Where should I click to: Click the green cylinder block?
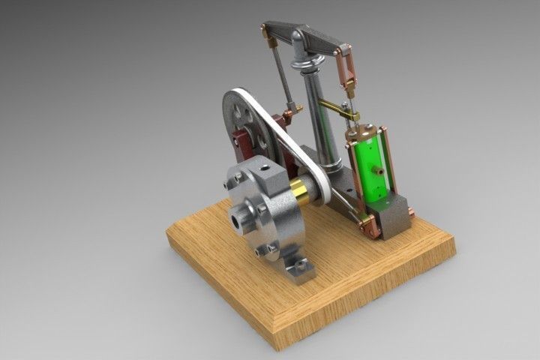pos(369,169)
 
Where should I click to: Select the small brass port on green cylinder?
pos(380,172)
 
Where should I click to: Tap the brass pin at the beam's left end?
pos(263,31)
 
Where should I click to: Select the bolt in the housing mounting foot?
pos(301,264)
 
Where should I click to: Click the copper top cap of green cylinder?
pos(367,133)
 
